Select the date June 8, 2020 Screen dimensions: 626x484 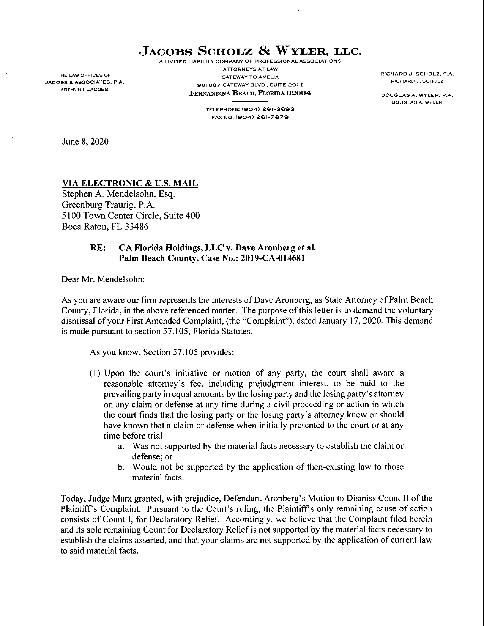click(x=85, y=142)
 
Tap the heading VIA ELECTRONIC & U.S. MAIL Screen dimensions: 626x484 click(x=130, y=183)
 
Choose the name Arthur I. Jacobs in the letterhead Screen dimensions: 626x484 click(x=84, y=89)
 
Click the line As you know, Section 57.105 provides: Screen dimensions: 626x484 click(x=162, y=352)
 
